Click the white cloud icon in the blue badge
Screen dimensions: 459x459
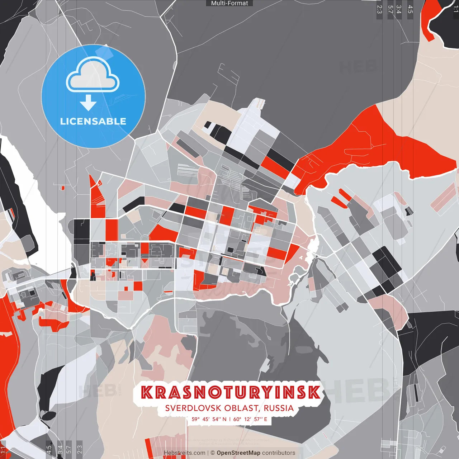pyautogui.click(x=93, y=75)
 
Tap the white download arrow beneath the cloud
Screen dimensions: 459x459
pyautogui.click(x=88, y=102)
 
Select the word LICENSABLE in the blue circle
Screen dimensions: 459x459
pyautogui.click(x=93, y=121)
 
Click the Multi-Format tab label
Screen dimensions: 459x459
pyautogui.click(x=229, y=3)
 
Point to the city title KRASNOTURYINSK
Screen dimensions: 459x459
pyautogui.click(x=230, y=392)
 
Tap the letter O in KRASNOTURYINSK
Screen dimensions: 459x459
pyautogui.click(x=212, y=392)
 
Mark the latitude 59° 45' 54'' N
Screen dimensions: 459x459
pyautogui.click(x=209, y=419)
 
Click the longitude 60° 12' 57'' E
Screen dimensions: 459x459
pyautogui.click(x=250, y=419)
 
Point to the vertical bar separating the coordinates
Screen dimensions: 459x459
pyautogui.click(x=230, y=419)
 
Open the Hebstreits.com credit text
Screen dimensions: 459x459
pyautogui.click(x=184, y=453)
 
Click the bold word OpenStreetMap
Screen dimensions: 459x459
pyautogui.click(x=238, y=453)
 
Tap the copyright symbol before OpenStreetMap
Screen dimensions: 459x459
pyautogui.click(x=213, y=453)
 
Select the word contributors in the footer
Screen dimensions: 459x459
pyautogui.click(x=279, y=453)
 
